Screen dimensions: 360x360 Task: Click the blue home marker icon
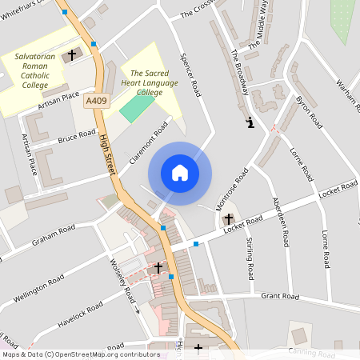180,173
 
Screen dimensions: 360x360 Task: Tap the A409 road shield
96,100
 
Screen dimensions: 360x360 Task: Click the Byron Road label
309,113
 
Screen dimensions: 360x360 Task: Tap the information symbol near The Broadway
250,122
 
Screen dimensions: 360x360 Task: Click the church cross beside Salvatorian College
73,56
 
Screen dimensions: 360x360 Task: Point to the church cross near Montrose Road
228,218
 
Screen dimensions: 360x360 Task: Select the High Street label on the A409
107,155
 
